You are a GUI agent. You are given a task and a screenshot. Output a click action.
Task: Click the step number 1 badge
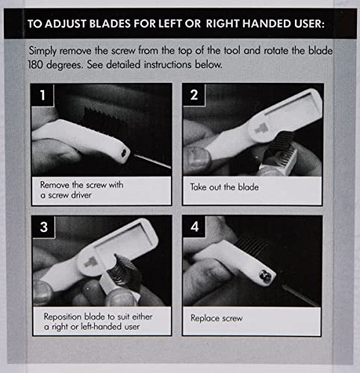click(x=43, y=95)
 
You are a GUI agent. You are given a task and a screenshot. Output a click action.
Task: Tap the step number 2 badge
click(x=194, y=95)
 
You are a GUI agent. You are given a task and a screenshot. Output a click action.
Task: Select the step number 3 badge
click(x=43, y=227)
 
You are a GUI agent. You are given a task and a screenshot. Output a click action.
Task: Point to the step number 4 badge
click(x=194, y=227)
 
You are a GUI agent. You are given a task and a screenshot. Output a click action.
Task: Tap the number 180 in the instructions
click(x=35, y=65)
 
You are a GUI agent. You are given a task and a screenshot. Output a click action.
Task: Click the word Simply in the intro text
click(x=43, y=51)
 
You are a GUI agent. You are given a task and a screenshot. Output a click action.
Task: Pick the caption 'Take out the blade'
click(x=224, y=187)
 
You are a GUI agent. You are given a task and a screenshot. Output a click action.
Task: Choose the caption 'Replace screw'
click(x=217, y=319)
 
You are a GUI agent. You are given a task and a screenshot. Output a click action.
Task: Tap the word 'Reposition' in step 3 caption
click(x=63, y=317)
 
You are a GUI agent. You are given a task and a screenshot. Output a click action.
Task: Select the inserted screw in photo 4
click(x=265, y=276)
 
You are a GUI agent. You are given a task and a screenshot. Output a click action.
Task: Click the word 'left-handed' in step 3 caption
click(x=102, y=327)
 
